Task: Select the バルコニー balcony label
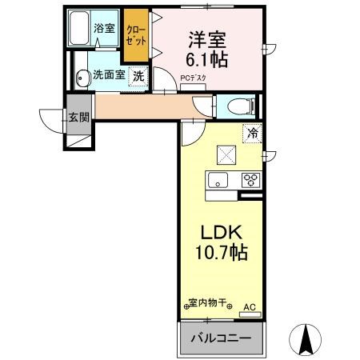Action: (x=220, y=338)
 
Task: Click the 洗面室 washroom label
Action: (x=108, y=76)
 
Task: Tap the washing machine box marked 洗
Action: (x=139, y=77)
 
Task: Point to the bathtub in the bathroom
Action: (x=81, y=30)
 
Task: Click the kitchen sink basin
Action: (x=218, y=178)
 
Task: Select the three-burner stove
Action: (x=250, y=179)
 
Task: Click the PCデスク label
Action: (x=193, y=78)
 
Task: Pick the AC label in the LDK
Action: (x=249, y=305)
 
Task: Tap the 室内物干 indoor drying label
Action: (x=207, y=304)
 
